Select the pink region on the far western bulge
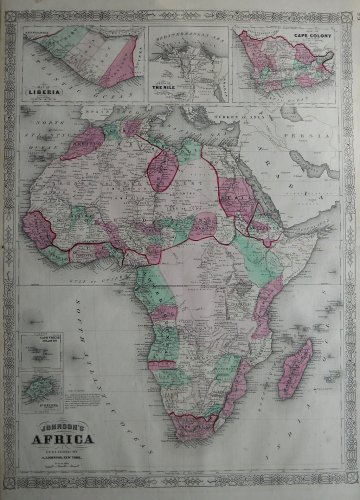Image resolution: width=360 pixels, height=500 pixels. tap(42, 214)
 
